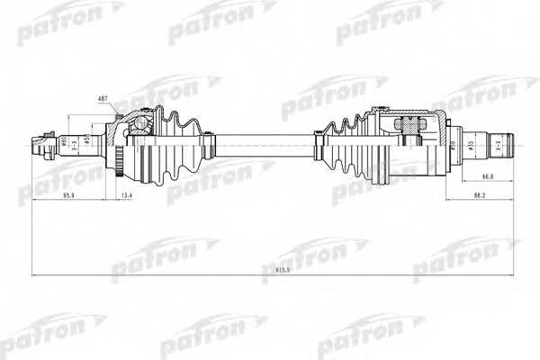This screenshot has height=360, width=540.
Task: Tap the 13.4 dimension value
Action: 127,193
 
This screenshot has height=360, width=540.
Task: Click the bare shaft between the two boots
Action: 261,142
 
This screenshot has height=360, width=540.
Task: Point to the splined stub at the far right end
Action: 500,143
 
